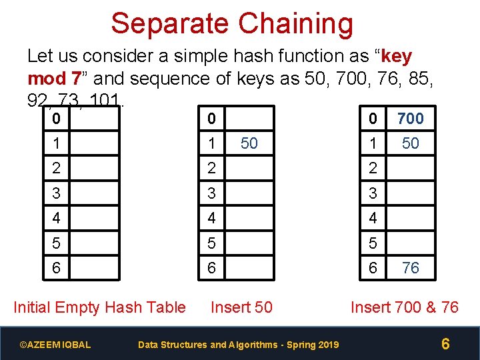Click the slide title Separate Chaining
[231, 23]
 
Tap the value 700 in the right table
[410, 119]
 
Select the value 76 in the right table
[411, 268]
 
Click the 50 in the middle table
[249, 143]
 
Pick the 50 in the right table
[411, 143]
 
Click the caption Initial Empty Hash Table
[99, 307]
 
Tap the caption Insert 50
[241, 307]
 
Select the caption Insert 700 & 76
[405, 307]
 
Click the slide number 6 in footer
[445, 344]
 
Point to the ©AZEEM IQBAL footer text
[55, 345]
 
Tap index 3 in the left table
[56, 193]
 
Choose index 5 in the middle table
[211, 243]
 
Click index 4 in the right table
[373, 218]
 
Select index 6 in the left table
[56, 268]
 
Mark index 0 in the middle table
[211, 119]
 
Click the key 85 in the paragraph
[421, 79]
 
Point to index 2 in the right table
[373, 168]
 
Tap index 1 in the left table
[56, 143]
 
